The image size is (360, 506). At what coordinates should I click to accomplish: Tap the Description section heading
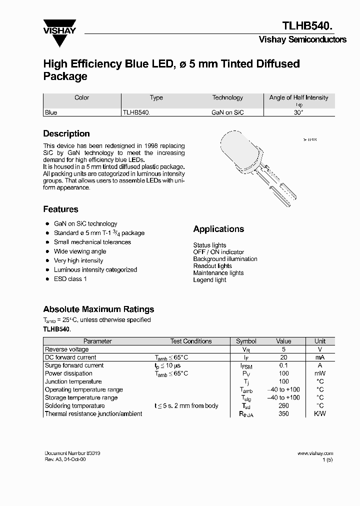point(66,133)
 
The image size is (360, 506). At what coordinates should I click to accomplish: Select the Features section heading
point(60,209)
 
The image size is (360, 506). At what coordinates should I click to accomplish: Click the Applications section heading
point(218,229)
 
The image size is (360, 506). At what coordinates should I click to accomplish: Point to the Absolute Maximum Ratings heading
point(98,309)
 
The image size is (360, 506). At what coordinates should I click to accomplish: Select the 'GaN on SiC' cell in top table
point(227,112)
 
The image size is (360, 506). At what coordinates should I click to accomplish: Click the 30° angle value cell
point(298,112)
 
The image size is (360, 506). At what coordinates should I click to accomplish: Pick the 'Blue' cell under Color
point(51,112)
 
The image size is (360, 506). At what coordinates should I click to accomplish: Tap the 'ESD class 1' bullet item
point(70,278)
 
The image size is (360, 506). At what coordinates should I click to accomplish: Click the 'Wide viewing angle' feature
point(80,251)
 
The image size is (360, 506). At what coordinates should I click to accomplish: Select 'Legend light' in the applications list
point(209,280)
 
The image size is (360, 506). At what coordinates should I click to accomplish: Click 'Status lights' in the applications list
point(209,245)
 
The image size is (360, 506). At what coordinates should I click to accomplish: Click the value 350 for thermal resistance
point(283,413)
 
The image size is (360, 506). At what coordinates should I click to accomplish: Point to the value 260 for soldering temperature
point(283,405)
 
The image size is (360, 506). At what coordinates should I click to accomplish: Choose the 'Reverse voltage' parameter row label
point(66,349)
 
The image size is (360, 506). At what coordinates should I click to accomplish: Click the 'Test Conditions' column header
point(191,341)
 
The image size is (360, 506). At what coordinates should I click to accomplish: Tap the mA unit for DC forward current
point(319,357)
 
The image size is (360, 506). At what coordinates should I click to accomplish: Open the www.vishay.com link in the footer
point(315,453)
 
